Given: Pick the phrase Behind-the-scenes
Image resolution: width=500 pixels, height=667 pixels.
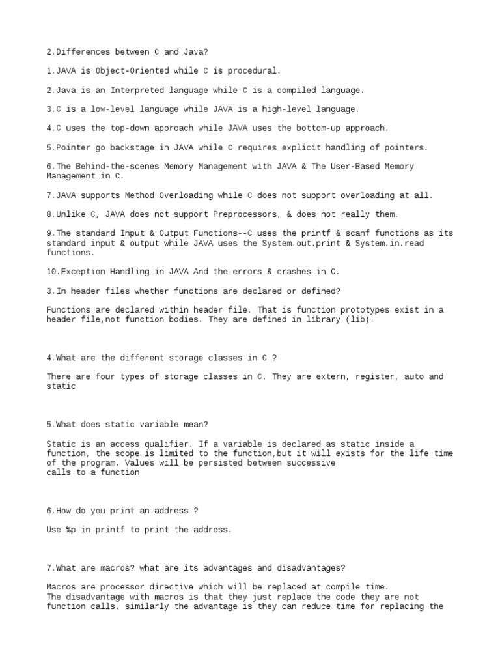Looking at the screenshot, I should [x=109, y=166].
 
